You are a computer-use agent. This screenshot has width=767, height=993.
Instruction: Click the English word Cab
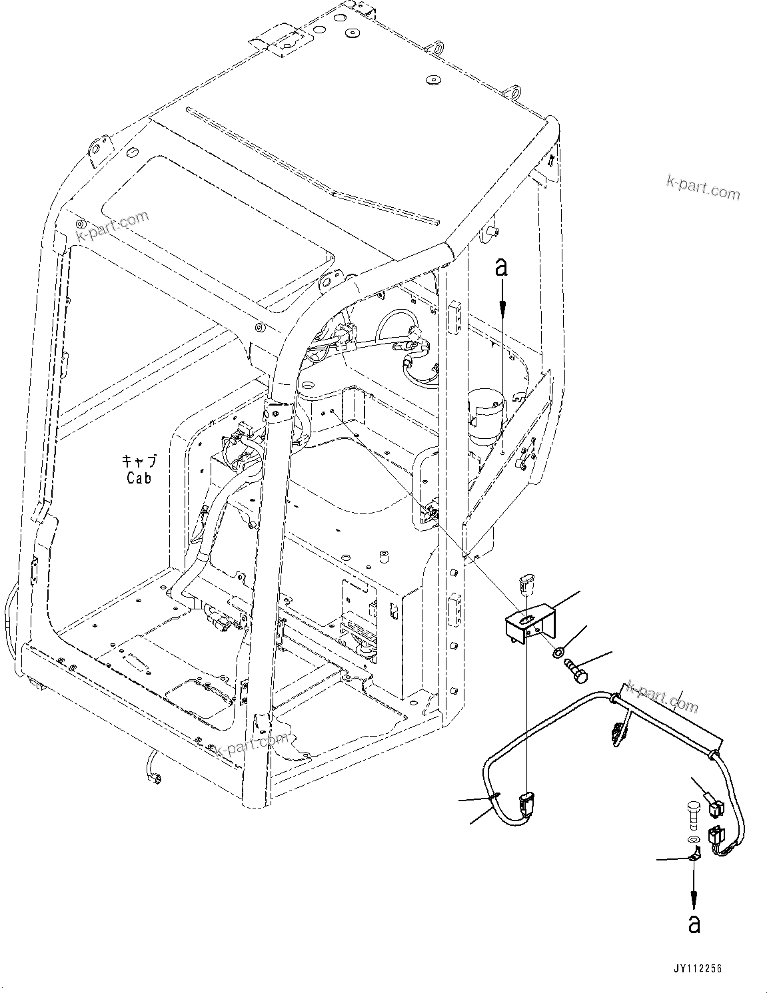click(x=138, y=478)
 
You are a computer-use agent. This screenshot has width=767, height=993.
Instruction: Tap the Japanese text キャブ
click(x=139, y=462)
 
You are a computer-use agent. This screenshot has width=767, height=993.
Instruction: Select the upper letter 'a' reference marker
click(x=501, y=267)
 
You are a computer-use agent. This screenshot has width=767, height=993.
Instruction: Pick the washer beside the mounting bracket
click(x=557, y=650)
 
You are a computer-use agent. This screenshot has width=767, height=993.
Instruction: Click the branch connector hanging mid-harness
click(x=618, y=733)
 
